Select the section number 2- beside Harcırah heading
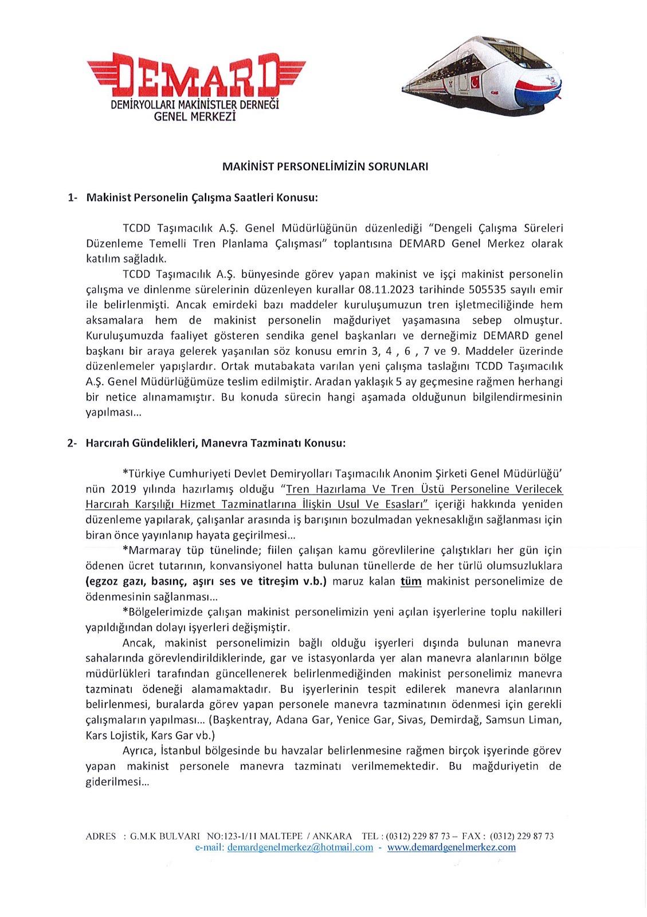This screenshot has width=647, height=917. coord(72,443)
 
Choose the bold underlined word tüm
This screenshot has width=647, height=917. coord(410,581)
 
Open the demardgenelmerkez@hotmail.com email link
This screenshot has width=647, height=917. coord(300,847)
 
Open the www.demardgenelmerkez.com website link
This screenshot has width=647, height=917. coord(451,847)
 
